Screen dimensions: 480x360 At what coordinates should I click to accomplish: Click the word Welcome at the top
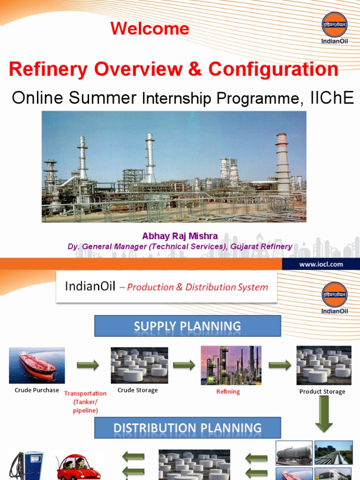pyautogui.click(x=150, y=29)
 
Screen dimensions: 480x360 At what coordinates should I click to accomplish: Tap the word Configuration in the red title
pyautogui.click(x=273, y=69)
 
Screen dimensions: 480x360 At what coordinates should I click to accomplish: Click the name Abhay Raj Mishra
pyautogui.click(x=180, y=236)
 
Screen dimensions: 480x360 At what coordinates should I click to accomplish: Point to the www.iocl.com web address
pyautogui.click(x=321, y=264)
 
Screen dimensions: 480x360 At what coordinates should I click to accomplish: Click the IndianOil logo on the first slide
pyautogui.click(x=334, y=27)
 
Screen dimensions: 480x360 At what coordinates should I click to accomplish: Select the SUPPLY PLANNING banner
pyautogui.click(x=187, y=326)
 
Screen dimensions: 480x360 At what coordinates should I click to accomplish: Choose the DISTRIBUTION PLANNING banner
pyautogui.click(x=187, y=428)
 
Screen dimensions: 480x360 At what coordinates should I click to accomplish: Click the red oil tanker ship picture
pyautogui.click(x=37, y=365)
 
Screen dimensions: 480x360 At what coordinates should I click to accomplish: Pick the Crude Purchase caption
pyautogui.click(x=37, y=390)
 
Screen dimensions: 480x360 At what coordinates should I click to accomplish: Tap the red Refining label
pyautogui.click(x=228, y=391)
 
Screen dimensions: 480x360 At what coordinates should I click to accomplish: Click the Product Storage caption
pyautogui.click(x=322, y=391)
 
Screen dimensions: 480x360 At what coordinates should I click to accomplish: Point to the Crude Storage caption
pyautogui.click(x=138, y=390)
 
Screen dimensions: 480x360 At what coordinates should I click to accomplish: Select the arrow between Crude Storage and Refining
pyautogui.click(x=184, y=365)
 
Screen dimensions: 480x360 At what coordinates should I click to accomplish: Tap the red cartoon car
pyautogui.click(x=78, y=467)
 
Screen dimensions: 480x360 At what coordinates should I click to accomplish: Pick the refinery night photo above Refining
pyautogui.click(x=231, y=365)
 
